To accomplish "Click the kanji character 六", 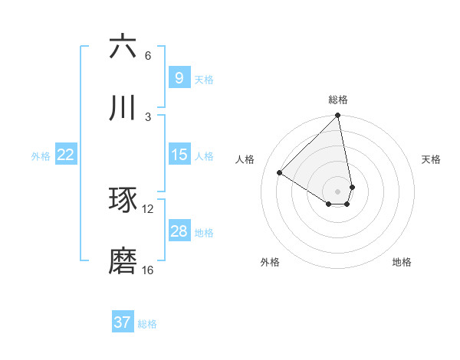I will tap(123, 47).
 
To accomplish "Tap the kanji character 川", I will tap(123, 108).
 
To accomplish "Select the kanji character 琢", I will tap(123, 201).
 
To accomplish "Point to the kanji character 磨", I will tap(123, 261).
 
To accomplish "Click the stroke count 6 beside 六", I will tap(148, 56).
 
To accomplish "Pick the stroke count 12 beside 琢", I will tap(148, 209).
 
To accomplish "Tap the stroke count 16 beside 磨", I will tap(148, 270).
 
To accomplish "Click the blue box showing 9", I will tap(179, 78).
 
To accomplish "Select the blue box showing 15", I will tap(179, 155).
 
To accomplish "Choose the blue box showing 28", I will tap(179, 231).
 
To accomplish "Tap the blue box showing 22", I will tap(66, 155).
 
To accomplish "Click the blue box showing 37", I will tap(123, 322).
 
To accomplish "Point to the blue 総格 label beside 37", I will tap(147, 324).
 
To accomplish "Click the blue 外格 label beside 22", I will tap(41, 156).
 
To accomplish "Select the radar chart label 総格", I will tap(338, 100).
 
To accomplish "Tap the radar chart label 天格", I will tap(431, 159).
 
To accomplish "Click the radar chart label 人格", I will tap(245, 159).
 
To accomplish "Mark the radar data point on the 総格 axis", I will tap(338, 116).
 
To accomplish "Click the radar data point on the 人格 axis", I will tap(280, 173).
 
